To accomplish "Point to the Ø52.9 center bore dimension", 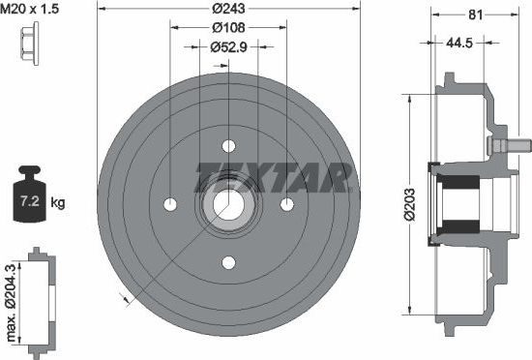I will coord(228,45).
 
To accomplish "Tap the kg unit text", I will coord(58,202).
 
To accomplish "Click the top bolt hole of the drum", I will coord(229,146).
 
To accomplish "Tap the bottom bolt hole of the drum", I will coord(229,262).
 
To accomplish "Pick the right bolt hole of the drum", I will coord(287,204).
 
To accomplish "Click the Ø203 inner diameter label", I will coord(413,203).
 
